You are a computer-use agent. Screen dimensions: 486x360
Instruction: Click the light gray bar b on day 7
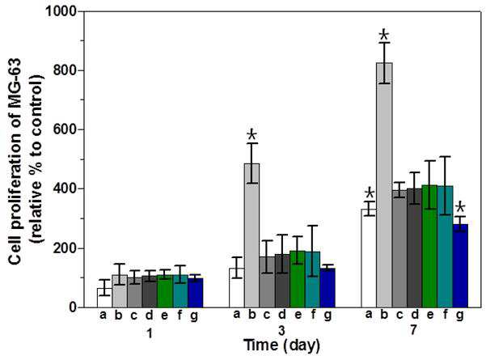coord(384,185)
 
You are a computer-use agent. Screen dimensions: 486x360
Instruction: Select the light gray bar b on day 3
coord(252,235)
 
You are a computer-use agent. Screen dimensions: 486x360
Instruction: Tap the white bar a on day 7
coord(369,258)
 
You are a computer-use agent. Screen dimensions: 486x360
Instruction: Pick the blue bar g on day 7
coord(460,265)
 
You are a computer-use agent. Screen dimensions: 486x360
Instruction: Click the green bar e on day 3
coord(298,279)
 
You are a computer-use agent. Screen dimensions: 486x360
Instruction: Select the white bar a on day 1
coord(104,298)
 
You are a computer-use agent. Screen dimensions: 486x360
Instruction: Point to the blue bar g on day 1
coord(195,293)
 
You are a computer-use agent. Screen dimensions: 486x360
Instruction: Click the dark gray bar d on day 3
coord(282,281)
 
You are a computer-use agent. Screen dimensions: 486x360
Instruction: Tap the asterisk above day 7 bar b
coord(384,35)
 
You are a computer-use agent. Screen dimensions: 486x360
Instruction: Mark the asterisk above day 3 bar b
coord(252,135)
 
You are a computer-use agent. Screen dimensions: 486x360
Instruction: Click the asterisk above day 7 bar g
coord(460,207)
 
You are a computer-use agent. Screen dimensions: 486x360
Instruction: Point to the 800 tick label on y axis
coord(65,70)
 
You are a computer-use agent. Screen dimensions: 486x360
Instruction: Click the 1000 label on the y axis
coord(61,11)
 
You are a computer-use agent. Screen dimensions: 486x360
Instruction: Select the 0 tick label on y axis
coord(73,307)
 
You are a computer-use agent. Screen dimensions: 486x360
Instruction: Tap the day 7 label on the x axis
coord(413,331)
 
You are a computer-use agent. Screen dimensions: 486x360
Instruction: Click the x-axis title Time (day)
coord(281,345)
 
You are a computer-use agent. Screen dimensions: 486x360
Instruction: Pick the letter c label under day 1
coord(134,316)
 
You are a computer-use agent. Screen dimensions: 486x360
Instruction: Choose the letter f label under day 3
coord(313,315)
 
